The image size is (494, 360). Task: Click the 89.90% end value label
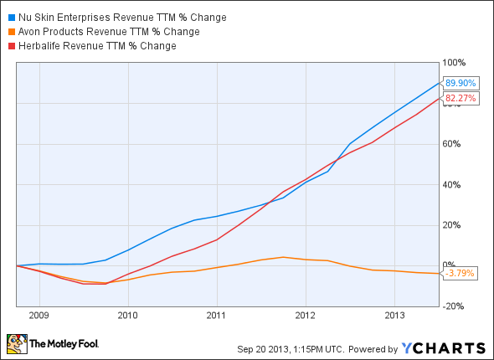pyautogui.click(x=460, y=84)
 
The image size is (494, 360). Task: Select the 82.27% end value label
pyautogui.click(x=460, y=99)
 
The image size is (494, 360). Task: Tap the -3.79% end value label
pyautogui.click(x=460, y=272)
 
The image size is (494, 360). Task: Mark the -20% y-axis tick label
pyautogui.click(x=453, y=306)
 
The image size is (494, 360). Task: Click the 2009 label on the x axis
pyautogui.click(x=39, y=316)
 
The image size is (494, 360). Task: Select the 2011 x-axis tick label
pyautogui.click(x=216, y=316)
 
